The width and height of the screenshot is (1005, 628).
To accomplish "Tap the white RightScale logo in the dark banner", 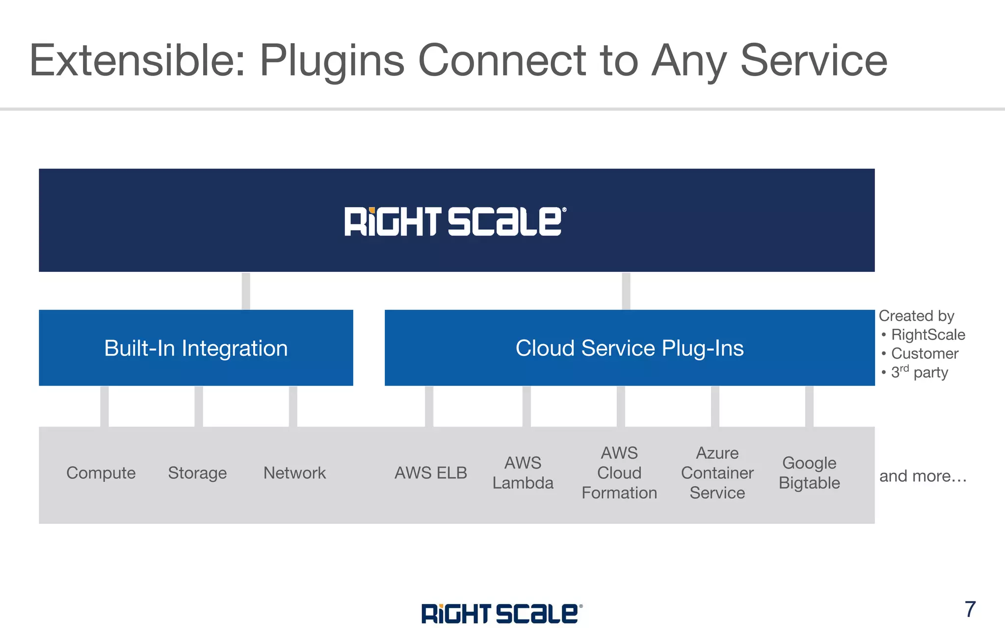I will coord(455,221).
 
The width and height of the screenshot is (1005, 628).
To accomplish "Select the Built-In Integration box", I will coord(196,348).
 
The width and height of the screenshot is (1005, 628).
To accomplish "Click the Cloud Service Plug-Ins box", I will coord(630,348).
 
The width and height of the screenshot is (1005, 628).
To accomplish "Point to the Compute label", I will coord(101,473).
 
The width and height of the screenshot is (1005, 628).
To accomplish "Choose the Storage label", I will coord(197,473).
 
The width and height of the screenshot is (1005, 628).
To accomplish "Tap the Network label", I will coord(294,473).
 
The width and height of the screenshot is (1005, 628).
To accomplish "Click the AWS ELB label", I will coord(431,473).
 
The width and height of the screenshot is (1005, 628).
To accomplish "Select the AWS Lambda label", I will coord(523,473).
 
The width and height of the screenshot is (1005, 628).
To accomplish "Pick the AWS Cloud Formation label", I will coord(619,473).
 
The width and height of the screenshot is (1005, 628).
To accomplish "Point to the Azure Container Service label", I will coord(717,473).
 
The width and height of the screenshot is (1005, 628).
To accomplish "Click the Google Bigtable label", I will coord(809,473).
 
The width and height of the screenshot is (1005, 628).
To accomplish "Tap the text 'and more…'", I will coord(923,476).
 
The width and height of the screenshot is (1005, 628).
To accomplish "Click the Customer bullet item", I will coord(925,353).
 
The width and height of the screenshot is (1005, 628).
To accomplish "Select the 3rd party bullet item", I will coord(919,372).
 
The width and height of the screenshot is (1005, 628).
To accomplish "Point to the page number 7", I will coord(970,609).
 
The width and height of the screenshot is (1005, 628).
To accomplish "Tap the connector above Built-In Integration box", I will coord(246,291).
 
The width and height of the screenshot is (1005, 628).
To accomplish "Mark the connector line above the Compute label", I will coord(105,406).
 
